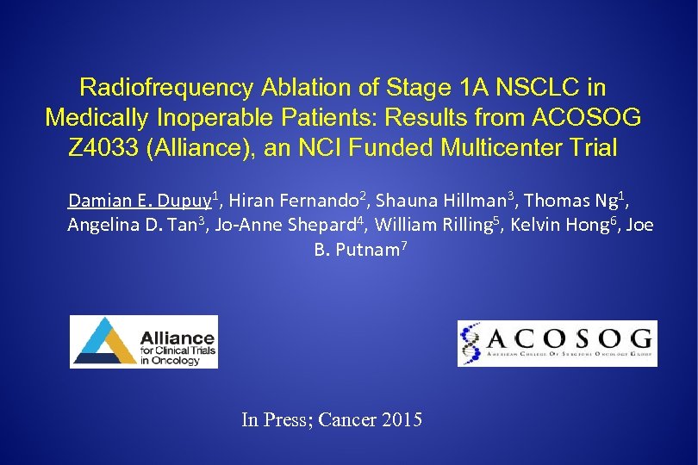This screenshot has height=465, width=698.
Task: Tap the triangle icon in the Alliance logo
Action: pyautogui.click(x=101, y=342)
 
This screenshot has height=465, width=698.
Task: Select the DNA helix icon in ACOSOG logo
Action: pyautogui.click(x=471, y=344)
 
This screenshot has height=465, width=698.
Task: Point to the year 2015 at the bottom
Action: pyautogui.click(x=402, y=420)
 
